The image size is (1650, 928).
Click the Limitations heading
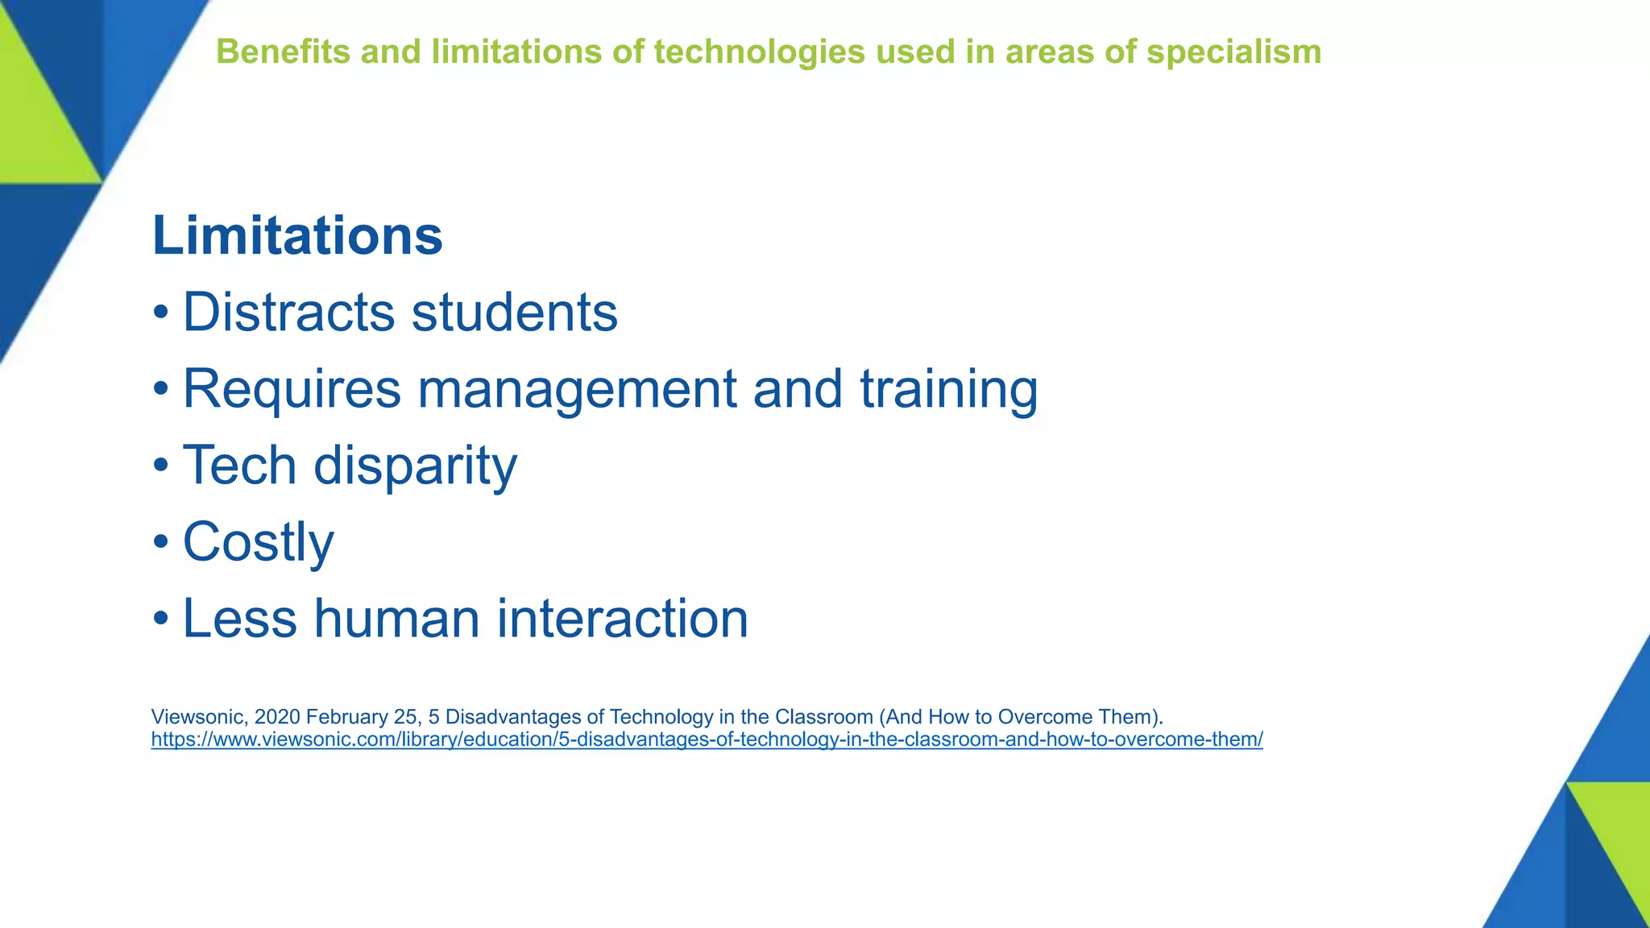297,236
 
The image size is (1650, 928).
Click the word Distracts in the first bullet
288,312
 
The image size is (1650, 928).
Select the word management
577,388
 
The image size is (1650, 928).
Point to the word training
948,388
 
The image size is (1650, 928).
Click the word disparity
415,466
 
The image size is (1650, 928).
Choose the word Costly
258,542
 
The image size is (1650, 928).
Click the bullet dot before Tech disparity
161,466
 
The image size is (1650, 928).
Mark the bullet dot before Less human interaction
161,619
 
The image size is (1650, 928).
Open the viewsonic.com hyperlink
706,739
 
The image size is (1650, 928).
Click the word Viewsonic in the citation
198,717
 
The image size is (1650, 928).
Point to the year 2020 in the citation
277,717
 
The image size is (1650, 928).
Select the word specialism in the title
1233,52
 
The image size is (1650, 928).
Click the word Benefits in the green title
283,52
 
